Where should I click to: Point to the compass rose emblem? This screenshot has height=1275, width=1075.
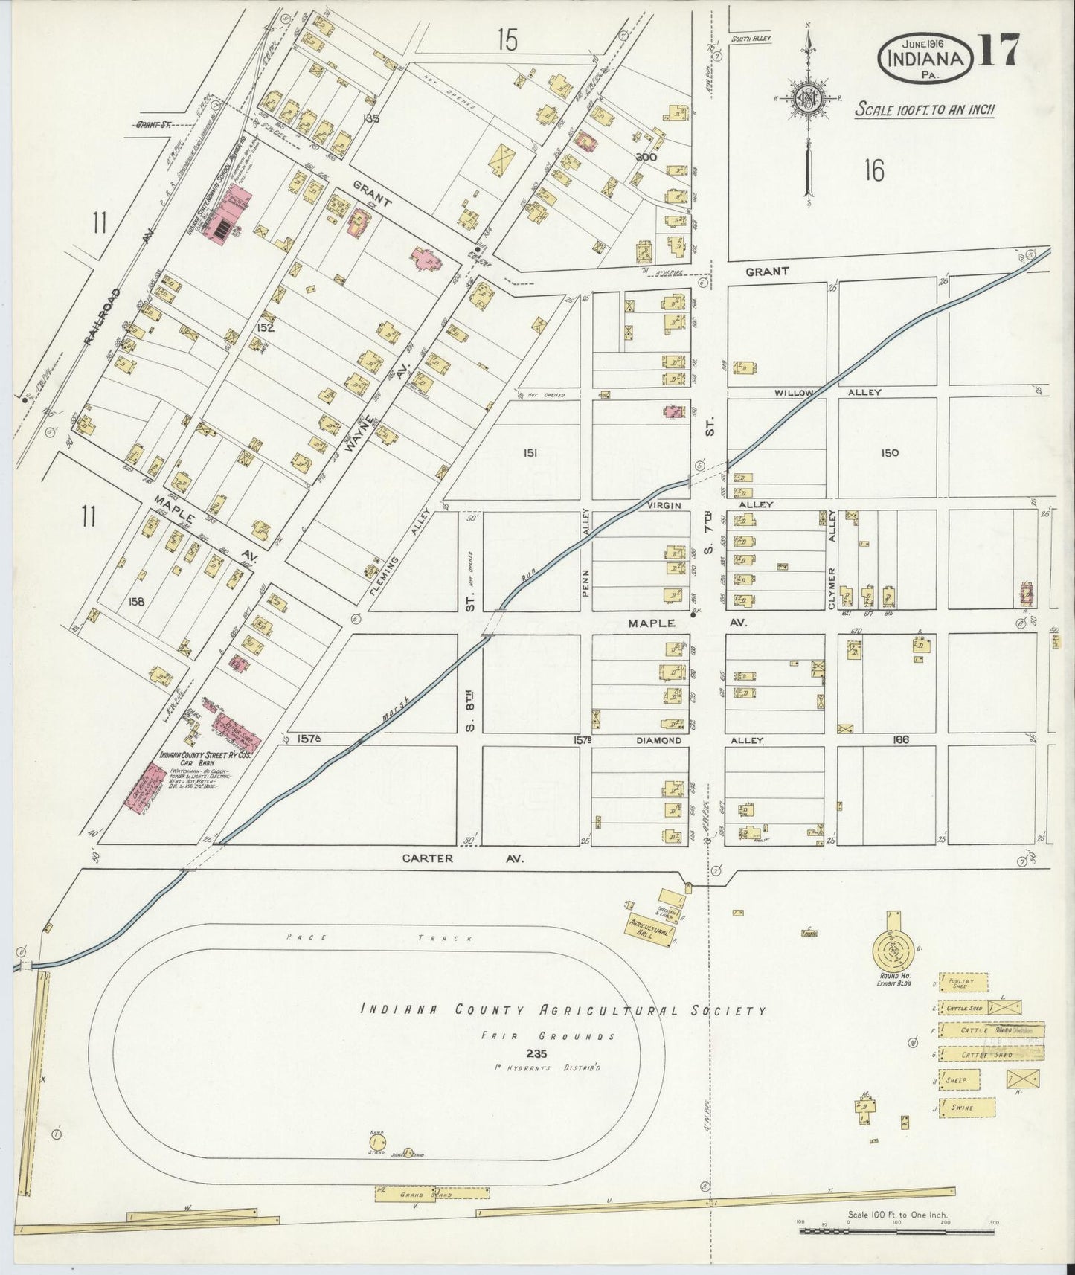[x=807, y=100]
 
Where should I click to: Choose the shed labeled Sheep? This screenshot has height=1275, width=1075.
[x=959, y=1079]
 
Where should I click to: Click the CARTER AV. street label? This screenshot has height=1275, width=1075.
[x=463, y=858]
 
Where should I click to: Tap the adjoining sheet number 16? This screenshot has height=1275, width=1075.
[x=874, y=171]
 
